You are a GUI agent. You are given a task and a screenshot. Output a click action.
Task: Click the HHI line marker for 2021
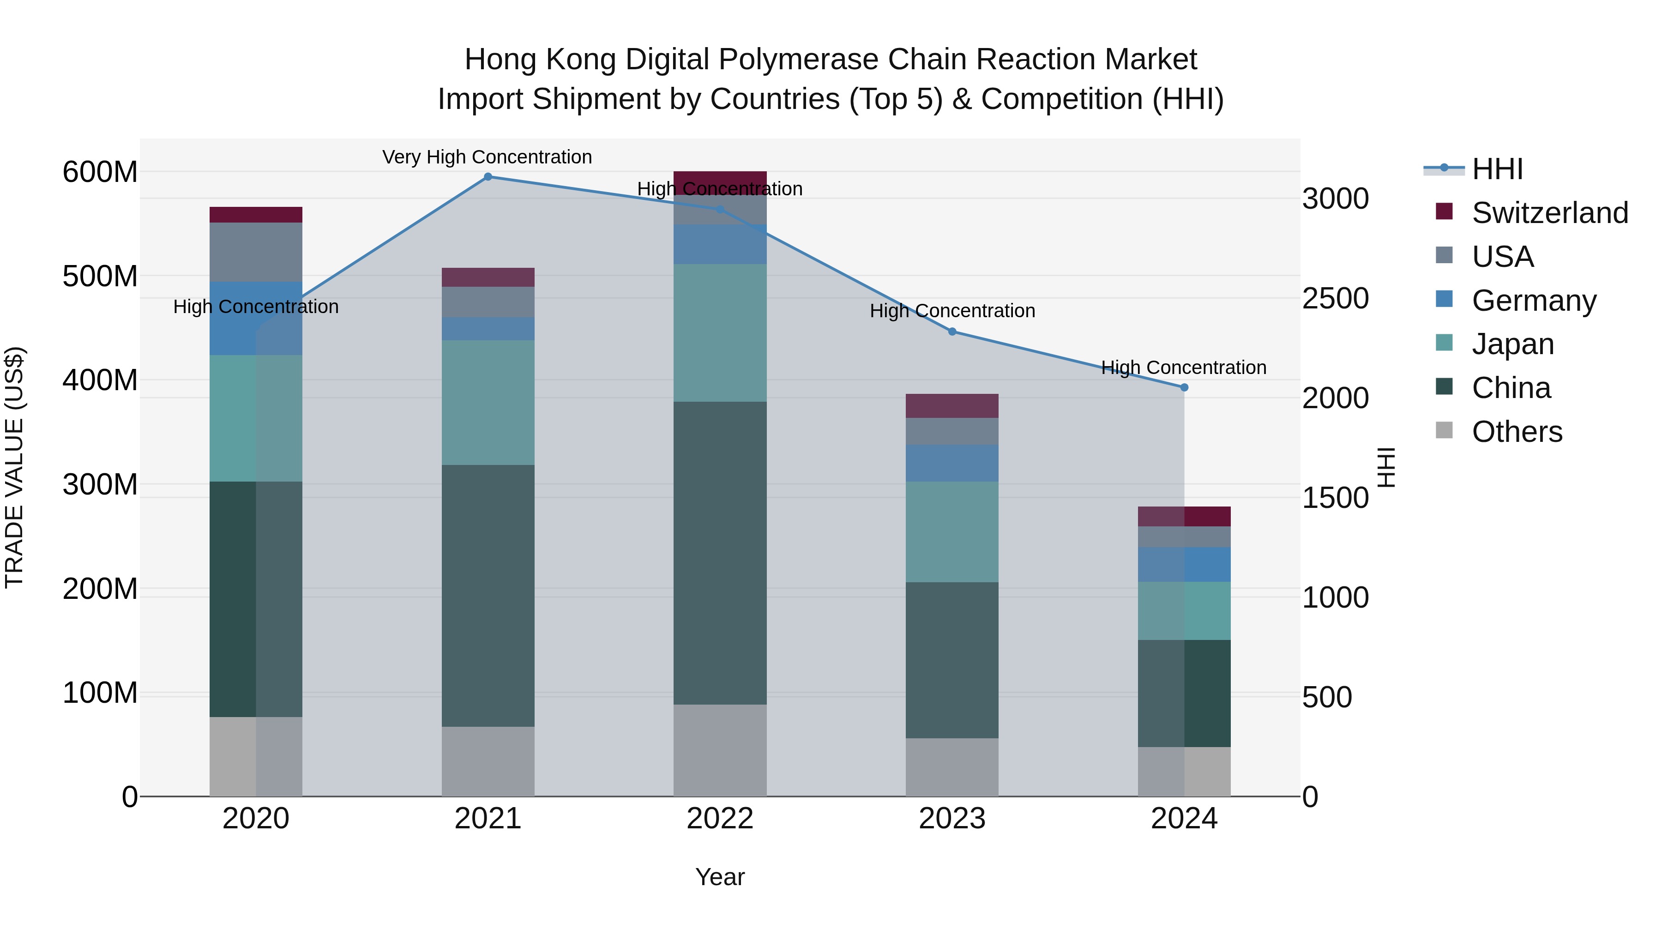(488, 177)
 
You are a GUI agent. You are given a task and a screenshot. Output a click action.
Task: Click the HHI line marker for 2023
(952, 332)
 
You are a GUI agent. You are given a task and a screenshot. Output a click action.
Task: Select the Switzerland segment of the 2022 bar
(720, 182)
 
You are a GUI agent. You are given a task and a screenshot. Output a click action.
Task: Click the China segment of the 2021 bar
(488, 596)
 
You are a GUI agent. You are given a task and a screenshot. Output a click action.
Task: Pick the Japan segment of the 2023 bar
(952, 532)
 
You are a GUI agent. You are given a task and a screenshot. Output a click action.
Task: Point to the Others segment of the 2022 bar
(720, 750)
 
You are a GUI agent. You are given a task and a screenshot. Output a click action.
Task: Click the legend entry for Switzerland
(1550, 213)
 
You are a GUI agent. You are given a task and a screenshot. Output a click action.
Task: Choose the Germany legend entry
(1534, 301)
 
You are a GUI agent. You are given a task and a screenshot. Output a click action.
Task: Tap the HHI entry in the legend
(1497, 169)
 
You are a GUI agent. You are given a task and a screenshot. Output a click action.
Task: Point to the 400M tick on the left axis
(100, 380)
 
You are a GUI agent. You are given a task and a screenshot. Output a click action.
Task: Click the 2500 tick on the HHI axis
(1335, 298)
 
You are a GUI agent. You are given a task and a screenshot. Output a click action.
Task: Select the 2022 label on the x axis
(720, 819)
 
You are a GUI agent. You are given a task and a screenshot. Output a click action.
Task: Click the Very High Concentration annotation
(487, 157)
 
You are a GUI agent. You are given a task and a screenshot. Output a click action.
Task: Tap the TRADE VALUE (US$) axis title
(14, 467)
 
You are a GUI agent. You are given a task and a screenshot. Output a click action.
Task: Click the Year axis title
(720, 877)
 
